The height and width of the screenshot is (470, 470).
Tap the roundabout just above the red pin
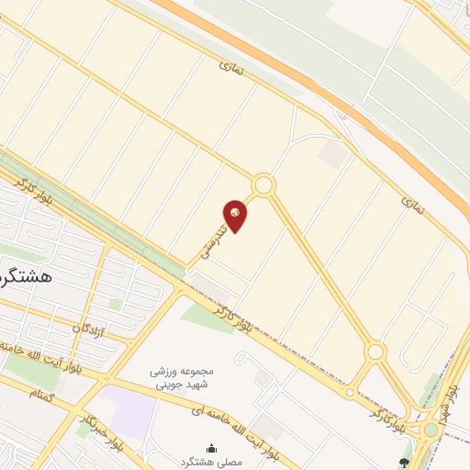tap(263, 185)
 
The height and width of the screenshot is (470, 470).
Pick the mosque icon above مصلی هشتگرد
tap(212, 448)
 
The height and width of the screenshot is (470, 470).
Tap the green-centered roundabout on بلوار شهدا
tap(431, 430)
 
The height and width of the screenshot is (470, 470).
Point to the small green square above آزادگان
tap(115, 303)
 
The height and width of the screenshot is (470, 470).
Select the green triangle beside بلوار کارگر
tap(207, 318)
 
